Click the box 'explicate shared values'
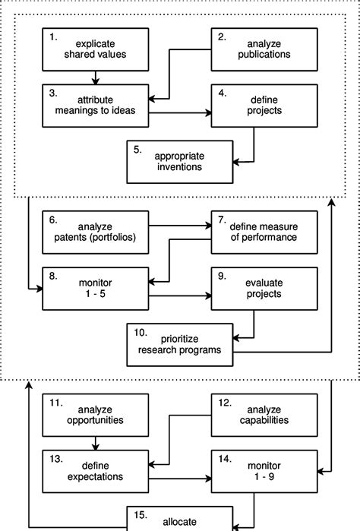95,49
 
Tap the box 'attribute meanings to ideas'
95,104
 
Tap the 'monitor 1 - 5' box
95,286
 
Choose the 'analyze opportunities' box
95,414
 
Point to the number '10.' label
141,332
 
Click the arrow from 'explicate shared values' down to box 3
96,76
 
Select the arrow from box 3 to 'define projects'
179,114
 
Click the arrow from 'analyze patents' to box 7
179,225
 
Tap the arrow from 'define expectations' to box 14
179,479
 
